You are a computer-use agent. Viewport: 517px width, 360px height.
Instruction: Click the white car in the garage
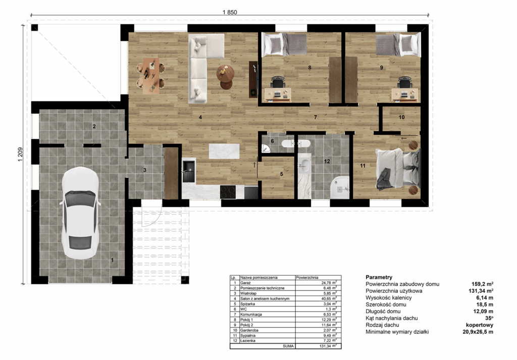pos(80,213)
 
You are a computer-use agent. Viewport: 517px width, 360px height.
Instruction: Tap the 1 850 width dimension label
pos(230,12)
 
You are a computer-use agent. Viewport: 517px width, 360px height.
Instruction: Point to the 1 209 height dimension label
pos(20,155)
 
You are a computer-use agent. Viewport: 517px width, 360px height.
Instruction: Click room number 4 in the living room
pos(200,117)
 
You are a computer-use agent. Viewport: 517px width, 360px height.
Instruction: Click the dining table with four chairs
pos(151,76)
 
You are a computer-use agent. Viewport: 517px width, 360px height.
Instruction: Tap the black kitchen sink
pos(189,171)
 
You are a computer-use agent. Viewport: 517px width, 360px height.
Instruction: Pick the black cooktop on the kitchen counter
pos(228,192)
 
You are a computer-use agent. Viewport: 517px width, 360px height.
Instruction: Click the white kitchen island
pos(224,151)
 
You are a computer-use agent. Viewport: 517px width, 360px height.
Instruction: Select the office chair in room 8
pos(278,82)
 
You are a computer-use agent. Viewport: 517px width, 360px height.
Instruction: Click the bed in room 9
pos(398,45)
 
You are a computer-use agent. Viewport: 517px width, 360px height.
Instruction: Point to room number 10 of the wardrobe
pos(401,117)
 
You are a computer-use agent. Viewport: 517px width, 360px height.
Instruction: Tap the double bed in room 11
pos(398,169)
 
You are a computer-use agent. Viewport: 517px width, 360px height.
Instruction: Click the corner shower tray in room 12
pos(340,187)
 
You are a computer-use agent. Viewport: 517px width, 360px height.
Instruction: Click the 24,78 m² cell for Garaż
pos(329,283)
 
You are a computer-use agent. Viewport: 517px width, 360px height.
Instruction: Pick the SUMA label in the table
pos(288,346)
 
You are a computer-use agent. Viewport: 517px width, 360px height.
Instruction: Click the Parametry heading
pos(379,277)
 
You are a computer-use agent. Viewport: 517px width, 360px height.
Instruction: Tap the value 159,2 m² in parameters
pos(482,284)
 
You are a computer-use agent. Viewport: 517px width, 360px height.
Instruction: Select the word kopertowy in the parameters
pos(480,325)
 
